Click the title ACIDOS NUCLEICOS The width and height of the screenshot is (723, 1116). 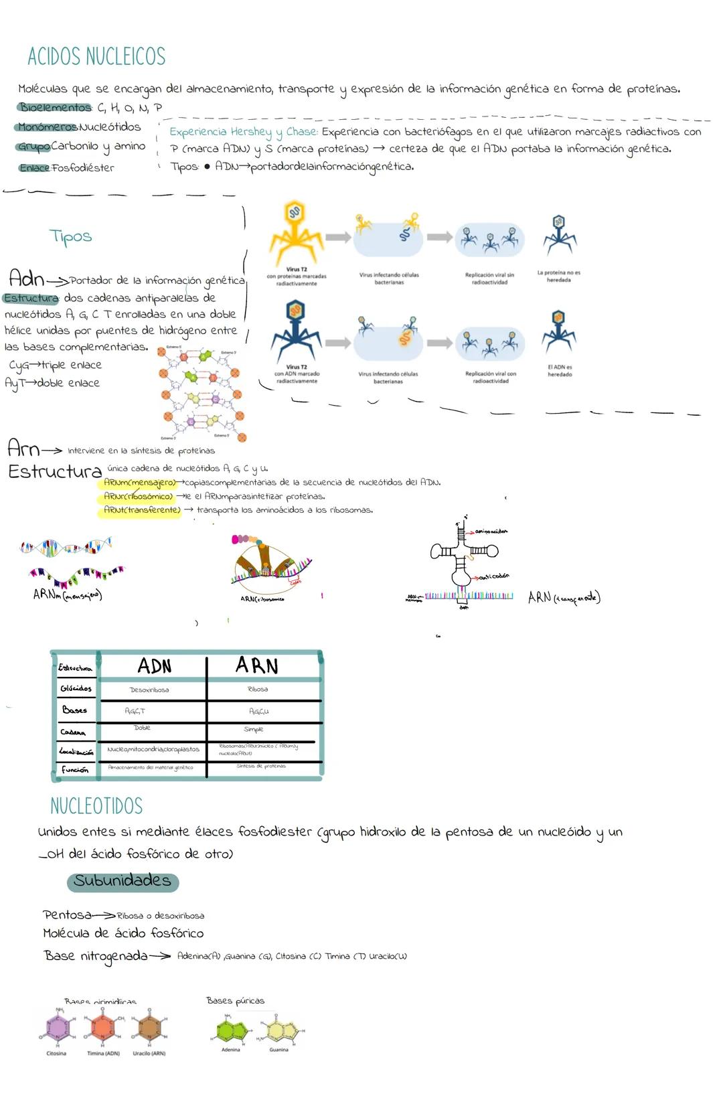(x=96, y=57)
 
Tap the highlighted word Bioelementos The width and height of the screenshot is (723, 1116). (x=54, y=107)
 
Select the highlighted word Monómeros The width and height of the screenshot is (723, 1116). (x=47, y=127)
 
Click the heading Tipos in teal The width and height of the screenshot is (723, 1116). (x=70, y=236)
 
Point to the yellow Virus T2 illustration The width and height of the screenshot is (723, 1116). (x=295, y=231)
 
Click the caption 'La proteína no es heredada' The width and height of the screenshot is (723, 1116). (x=558, y=276)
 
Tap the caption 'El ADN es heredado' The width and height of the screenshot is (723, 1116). (x=560, y=371)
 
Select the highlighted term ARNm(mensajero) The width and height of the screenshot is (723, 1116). (x=139, y=483)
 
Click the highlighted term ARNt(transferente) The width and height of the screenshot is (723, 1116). (x=141, y=510)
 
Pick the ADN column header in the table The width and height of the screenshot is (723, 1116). (x=154, y=666)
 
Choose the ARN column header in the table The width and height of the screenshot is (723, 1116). (x=257, y=665)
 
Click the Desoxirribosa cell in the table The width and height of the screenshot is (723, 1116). (x=149, y=690)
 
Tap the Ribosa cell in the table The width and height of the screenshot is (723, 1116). (x=258, y=690)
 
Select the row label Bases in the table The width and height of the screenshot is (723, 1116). (x=74, y=710)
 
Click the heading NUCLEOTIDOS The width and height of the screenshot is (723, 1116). (x=96, y=806)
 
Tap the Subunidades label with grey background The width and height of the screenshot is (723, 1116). (x=123, y=881)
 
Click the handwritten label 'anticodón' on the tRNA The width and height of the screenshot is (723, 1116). (x=494, y=576)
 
